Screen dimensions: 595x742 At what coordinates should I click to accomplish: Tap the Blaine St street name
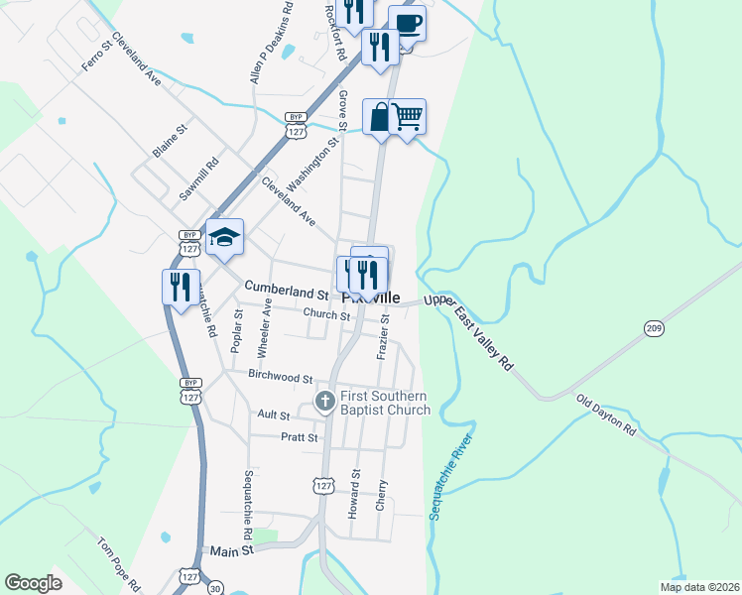(x=170, y=142)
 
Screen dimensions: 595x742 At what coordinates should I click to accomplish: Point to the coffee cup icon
(x=407, y=22)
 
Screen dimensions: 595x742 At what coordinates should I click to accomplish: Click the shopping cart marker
(x=408, y=117)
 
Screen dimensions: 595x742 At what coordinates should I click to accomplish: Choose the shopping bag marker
(x=380, y=117)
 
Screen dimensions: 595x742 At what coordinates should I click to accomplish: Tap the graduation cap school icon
(x=224, y=237)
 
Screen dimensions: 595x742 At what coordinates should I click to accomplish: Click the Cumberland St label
(x=287, y=295)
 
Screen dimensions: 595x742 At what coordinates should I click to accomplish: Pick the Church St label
(x=326, y=315)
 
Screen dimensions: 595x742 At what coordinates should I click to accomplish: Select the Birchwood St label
(x=281, y=378)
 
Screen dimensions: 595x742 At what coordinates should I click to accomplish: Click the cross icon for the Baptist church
(x=324, y=402)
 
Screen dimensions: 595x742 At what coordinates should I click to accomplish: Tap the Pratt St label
(x=299, y=436)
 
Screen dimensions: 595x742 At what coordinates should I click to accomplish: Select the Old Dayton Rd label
(x=606, y=415)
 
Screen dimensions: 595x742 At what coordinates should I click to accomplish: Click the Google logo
(x=34, y=583)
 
